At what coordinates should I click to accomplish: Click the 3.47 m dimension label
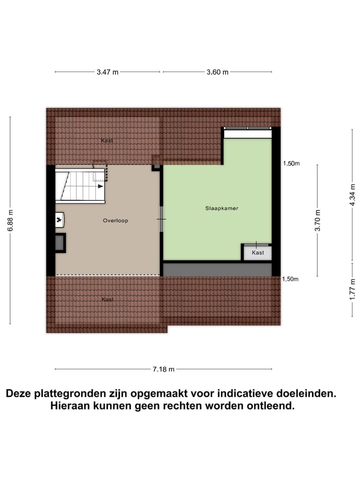pos(108,72)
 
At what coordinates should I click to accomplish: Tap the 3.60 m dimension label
pos(218,72)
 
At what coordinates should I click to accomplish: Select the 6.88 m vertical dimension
pos(10,220)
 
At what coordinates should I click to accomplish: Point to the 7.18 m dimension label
pos(163,369)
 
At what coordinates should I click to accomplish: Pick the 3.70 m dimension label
pos(317,220)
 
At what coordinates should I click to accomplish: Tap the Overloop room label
pos(115,220)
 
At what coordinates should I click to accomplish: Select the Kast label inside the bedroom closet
pos(258,253)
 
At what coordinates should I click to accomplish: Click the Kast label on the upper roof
pos(107,141)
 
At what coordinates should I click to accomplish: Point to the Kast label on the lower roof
pos(107,300)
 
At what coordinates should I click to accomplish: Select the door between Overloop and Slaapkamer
pos(161,219)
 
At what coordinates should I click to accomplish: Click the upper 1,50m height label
pos(291,163)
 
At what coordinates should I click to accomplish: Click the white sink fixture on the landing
pos(59,219)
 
